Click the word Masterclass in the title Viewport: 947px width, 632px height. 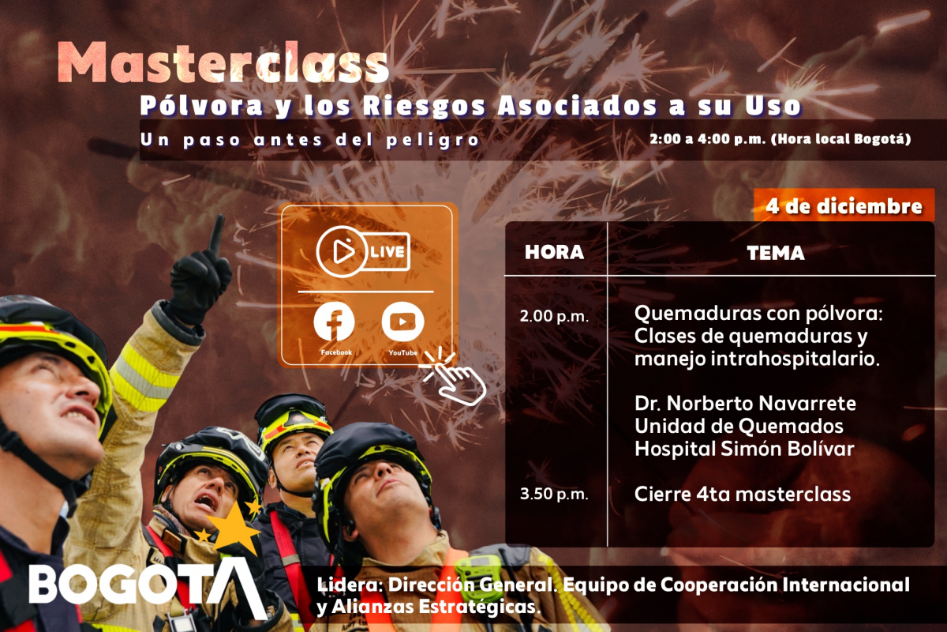point(224,63)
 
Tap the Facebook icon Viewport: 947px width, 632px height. point(334,322)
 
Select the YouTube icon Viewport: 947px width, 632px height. point(402,322)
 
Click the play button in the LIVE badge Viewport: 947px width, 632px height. point(342,251)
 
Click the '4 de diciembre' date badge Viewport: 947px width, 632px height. point(843,207)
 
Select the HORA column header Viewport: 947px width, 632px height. point(555,253)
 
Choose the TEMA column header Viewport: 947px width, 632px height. point(775,253)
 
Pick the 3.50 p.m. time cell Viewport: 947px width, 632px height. point(554,495)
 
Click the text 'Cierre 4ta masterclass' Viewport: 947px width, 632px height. point(743,495)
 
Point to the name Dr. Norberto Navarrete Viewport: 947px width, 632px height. point(745,404)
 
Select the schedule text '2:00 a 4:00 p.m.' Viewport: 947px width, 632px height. point(706,139)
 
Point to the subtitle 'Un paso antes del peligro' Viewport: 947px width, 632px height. point(310,140)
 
